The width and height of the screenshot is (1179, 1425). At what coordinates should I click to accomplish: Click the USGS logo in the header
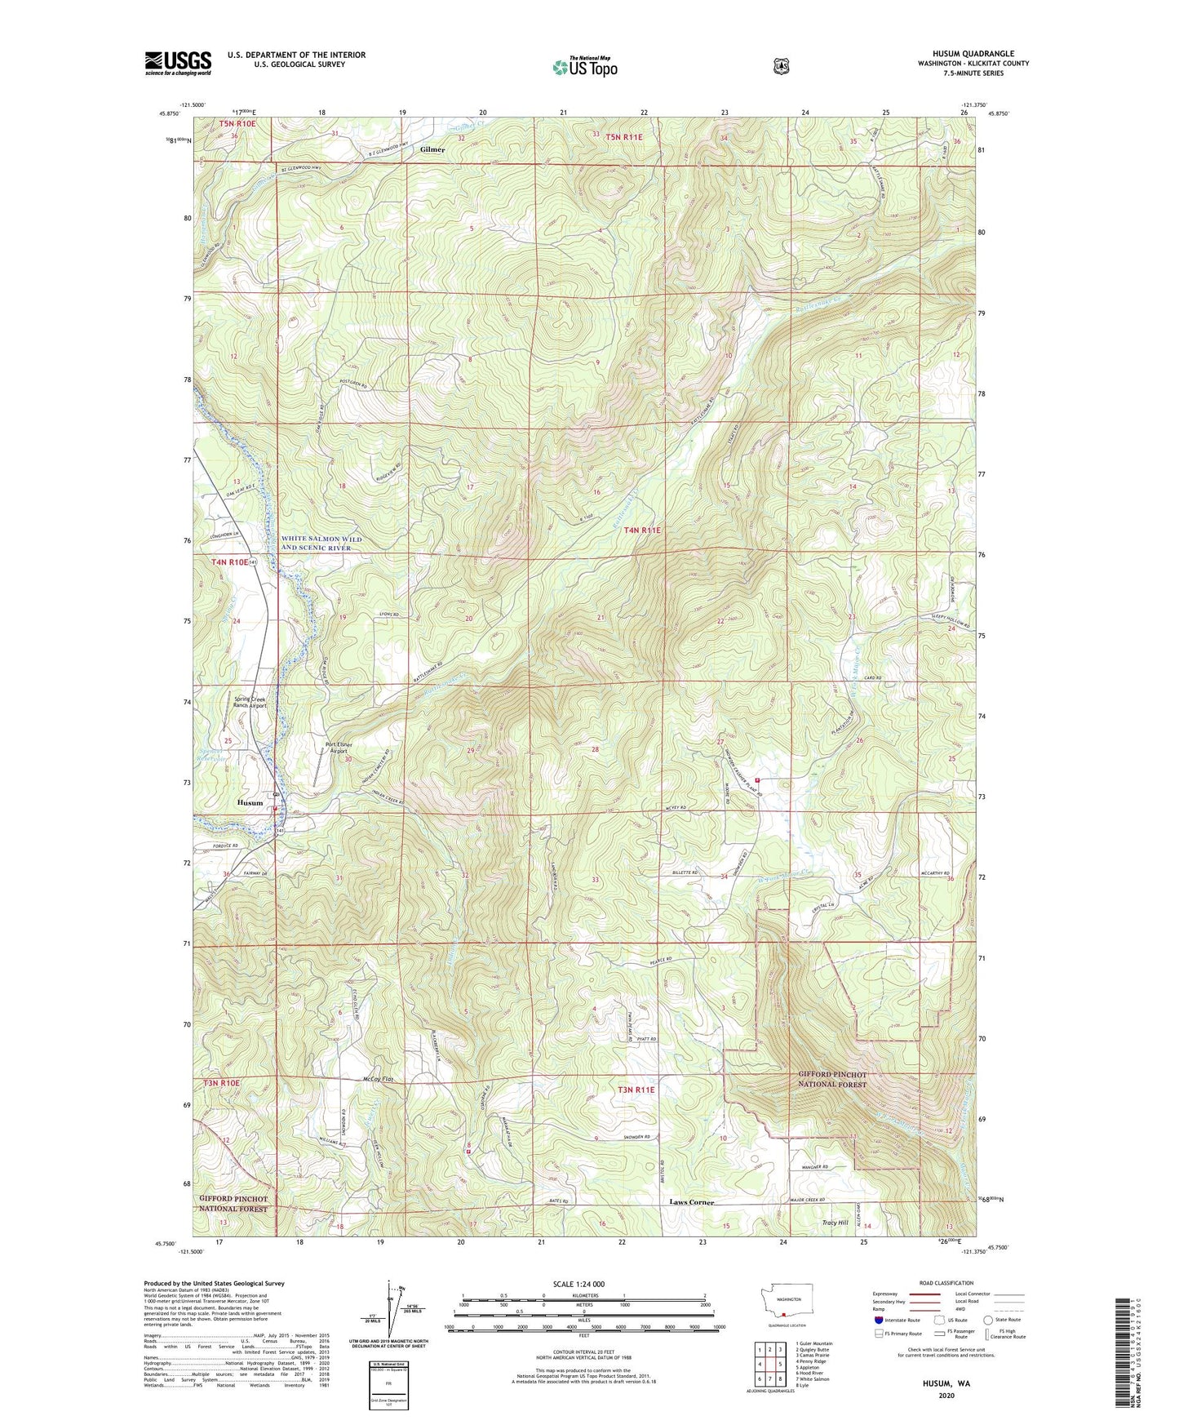click(178, 63)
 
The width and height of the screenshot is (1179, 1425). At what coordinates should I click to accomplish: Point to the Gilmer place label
click(432, 150)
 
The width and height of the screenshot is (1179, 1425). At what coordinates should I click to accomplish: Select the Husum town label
click(250, 802)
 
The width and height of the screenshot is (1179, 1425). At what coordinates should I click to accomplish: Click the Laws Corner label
click(691, 1202)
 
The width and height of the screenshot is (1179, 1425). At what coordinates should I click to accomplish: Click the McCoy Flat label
click(378, 1080)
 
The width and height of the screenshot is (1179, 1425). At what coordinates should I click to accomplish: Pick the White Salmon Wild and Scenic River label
click(321, 544)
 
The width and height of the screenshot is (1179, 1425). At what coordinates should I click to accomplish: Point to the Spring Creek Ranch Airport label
click(255, 703)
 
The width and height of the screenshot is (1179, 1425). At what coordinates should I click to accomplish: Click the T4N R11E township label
click(642, 530)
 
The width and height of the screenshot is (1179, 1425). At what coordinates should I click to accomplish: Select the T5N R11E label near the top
click(623, 137)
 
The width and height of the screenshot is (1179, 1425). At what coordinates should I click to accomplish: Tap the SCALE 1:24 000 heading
click(578, 1284)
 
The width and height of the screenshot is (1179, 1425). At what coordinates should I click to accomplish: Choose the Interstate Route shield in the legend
click(878, 1320)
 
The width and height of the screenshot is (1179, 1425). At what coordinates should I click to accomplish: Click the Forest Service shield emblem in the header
click(781, 66)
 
